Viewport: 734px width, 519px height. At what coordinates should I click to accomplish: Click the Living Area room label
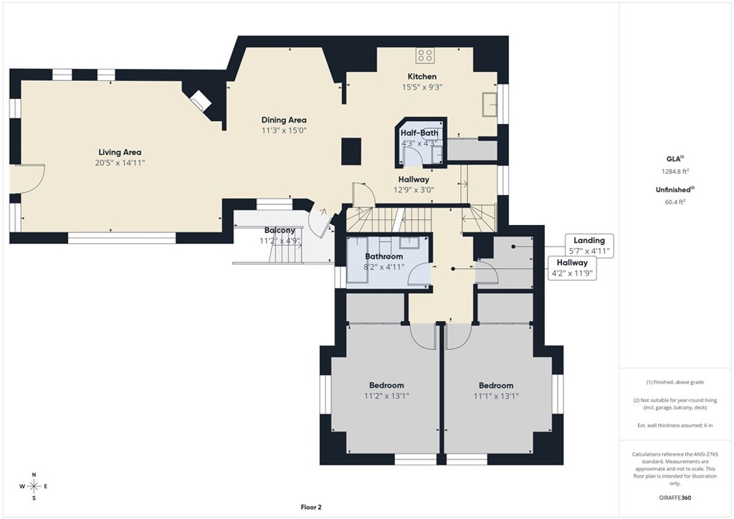click(120, 152)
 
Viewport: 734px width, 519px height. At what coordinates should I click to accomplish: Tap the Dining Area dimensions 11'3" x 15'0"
click(284, 130)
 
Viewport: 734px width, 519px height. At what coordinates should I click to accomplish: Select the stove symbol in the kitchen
click(425, 55)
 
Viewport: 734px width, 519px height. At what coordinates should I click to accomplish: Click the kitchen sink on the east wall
click(491, 103)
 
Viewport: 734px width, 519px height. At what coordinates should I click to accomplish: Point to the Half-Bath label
click(419, 133)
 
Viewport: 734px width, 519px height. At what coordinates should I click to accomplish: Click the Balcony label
click(280, 230)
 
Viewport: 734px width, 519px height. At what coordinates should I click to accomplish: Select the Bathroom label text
click(384, 256)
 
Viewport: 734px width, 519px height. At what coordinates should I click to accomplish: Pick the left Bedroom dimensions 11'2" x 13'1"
click(387, 396)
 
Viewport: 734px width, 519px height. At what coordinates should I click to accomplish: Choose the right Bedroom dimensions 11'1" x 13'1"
click(496, 396)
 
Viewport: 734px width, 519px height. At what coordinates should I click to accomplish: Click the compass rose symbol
click(33, 485)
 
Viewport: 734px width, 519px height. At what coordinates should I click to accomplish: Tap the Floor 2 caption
click(311, 507)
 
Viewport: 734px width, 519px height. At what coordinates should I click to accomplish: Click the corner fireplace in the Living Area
click(199, 100)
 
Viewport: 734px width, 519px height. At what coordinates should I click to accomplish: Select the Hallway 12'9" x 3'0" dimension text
click(414, 190)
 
